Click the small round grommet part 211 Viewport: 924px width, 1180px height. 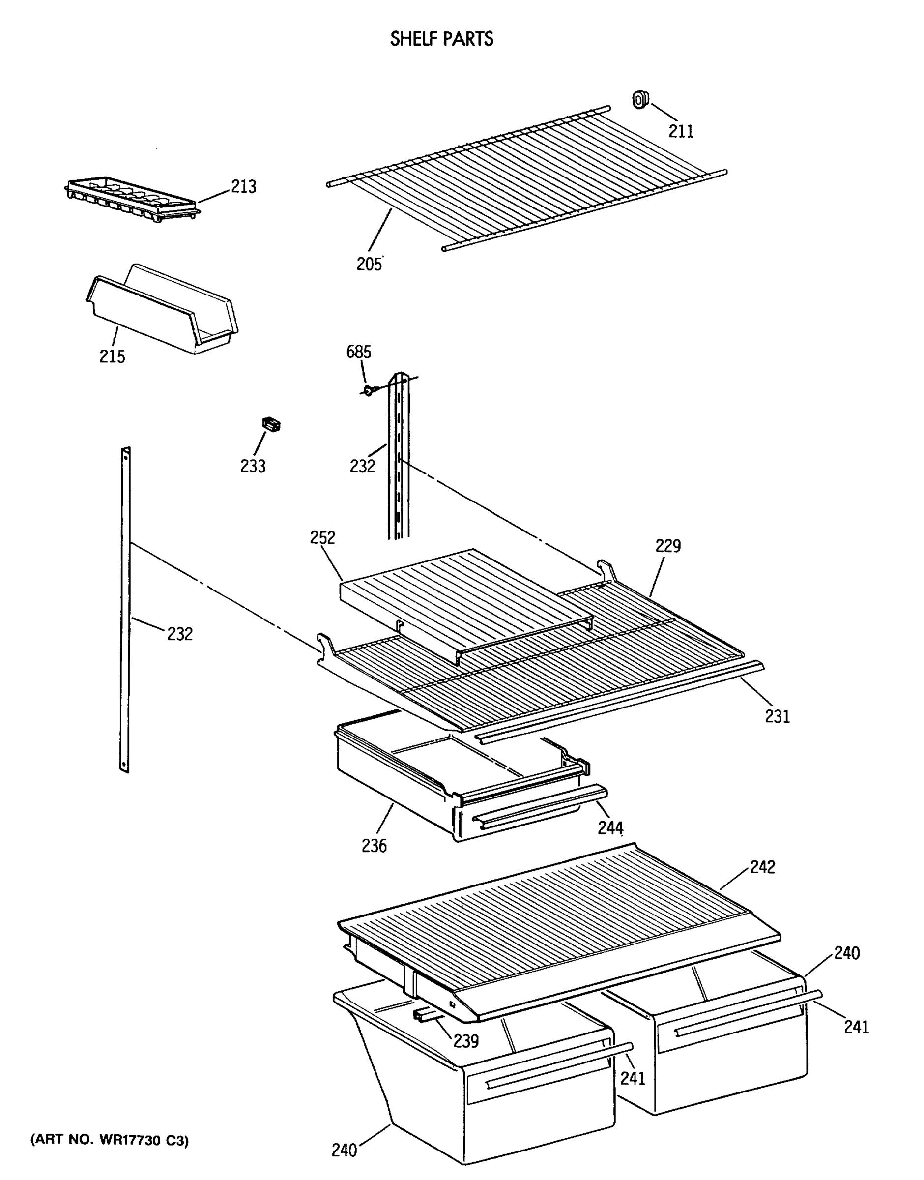(x=640, y=100)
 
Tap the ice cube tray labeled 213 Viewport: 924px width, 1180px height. (x=130, y=198)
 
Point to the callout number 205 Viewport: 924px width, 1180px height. (x=369, y=264)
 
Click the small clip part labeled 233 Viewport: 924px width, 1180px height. (x=271, y=424)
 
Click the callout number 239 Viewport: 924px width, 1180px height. (x=466, y=1040)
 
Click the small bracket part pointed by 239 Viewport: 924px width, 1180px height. (x=425, y=1015)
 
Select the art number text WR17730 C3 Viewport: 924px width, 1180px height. (x=109, y=1141)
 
